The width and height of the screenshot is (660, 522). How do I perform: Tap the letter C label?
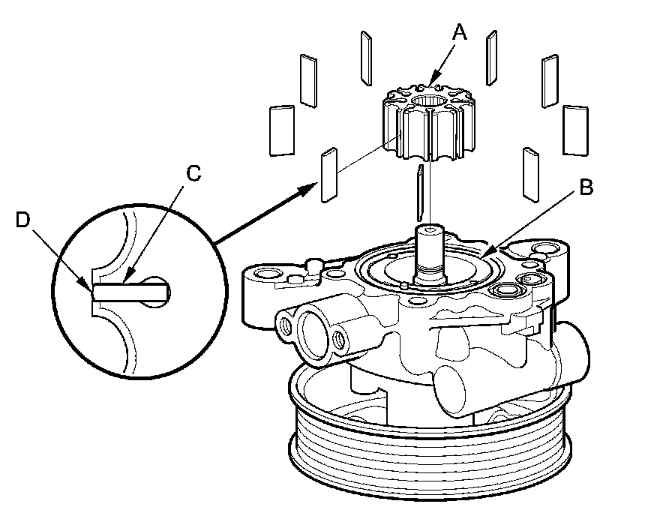(x=193, y=174)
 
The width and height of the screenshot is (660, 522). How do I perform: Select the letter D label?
(x=22, y=220)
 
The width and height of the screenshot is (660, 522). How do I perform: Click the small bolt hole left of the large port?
(x=284, y=325)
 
